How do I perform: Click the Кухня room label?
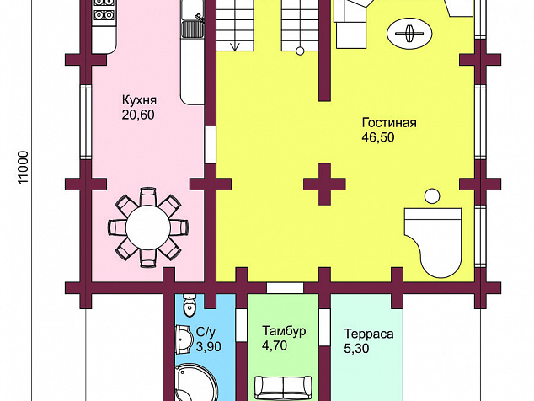(139, 100)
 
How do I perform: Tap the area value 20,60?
(138, 115)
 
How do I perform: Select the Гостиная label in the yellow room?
(389, 122)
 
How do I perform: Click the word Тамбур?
(284, 331)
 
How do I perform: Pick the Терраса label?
(368, 334)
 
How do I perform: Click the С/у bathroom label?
(206, 332)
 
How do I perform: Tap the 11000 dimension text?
(24, 168)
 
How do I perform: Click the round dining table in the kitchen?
(147, 227)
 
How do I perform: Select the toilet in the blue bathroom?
(189, 306)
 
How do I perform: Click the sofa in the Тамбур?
(283, 388)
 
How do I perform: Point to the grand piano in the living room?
(433, 243)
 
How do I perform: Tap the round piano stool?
(432, 196)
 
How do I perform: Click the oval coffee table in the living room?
(409, 34)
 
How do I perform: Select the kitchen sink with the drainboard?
(192, 19)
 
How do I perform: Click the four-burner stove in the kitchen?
(104, 9)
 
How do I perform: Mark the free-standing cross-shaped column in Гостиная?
(324, 184)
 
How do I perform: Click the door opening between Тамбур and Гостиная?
(285, 288)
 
